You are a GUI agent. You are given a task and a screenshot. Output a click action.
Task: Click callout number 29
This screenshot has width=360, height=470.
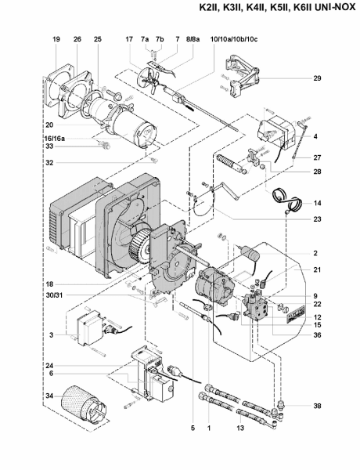317,78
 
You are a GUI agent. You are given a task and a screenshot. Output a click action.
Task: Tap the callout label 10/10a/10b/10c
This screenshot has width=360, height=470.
234,39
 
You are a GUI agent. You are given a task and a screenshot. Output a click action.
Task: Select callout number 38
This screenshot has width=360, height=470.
317,406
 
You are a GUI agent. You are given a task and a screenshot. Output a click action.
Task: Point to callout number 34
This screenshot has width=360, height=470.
49,396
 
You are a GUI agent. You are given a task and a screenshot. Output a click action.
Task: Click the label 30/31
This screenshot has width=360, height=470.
54,295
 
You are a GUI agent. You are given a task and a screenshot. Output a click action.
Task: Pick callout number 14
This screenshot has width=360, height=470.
317,203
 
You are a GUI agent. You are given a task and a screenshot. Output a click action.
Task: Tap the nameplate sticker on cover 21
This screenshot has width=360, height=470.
296,314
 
